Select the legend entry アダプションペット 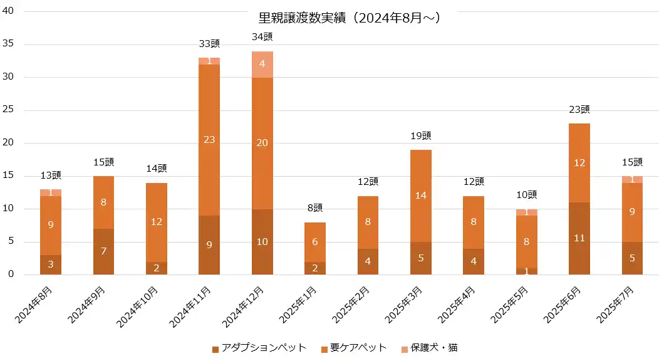pos(259,348)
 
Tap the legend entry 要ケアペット pos(354,348)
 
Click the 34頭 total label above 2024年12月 pos(262,37)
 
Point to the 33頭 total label pos(209,44)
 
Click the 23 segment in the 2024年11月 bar pos(209,140)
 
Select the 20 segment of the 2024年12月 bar pos(262,143)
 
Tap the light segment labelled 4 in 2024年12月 pos(262,64)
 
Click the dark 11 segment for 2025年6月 pos(579,238)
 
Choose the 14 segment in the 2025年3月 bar pos(421,196)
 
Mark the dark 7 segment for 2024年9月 pos(103,251)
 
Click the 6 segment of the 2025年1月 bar pos(315,242)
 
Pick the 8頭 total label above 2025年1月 pos(315,208)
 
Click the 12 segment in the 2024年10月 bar pos(157,222)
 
